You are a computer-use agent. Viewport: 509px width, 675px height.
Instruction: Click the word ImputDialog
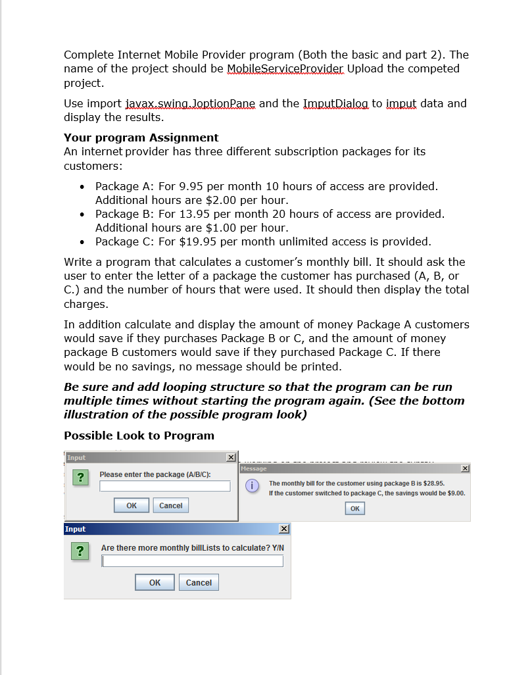335,104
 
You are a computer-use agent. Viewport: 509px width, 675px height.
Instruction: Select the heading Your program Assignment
141,137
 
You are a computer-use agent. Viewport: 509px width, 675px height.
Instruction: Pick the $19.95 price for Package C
197,241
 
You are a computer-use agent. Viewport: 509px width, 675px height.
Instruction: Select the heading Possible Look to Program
139,436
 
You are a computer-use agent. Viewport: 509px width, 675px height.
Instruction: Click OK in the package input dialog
132,505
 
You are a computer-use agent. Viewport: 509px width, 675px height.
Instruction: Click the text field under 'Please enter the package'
165,486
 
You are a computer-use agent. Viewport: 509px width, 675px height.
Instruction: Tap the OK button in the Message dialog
354,509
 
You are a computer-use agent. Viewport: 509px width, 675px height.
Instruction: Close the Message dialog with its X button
465,468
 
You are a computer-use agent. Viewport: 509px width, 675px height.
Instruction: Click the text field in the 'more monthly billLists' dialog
192,561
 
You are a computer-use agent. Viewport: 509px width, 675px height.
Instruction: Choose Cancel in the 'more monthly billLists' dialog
199,583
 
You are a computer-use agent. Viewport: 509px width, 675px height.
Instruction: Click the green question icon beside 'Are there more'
80,551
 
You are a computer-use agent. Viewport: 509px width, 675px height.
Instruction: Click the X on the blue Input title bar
283,529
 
